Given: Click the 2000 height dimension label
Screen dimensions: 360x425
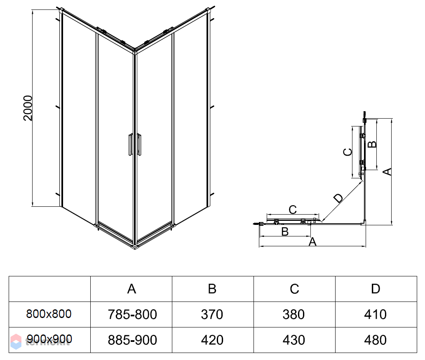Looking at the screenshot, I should [28, 108].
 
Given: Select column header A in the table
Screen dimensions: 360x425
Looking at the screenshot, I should [131, 289].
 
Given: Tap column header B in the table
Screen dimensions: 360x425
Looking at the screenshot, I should [212, 289].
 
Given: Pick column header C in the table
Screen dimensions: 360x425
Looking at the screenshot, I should [294, 289].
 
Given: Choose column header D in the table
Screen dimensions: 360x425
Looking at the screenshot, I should [376, 289].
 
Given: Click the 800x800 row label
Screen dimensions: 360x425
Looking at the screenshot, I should [49, 314].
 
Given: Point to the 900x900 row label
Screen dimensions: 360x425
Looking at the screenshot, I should [49, 339].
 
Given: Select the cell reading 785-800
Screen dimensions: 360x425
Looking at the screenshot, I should [132, 315].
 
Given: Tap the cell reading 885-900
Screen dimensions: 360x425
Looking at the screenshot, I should [132, 340].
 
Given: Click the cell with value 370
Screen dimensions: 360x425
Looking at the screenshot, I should [212, 315].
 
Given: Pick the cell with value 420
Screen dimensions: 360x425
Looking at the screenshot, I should [212, 340].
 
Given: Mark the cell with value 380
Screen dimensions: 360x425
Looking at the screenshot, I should [294, 315].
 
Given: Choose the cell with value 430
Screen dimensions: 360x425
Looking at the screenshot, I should [294, 340].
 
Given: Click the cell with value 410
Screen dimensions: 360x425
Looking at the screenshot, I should [376, 315].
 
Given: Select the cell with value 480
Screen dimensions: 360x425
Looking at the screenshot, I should [376, 340].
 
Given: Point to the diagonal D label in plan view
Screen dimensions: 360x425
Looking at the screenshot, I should [338, 198].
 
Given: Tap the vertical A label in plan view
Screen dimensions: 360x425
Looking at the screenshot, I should [387, 171].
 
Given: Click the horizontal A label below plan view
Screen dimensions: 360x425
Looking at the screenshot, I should [313, 242].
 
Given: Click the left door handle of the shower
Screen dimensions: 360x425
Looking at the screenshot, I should [130, 144].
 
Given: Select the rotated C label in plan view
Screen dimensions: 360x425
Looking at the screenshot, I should [348, 152].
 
